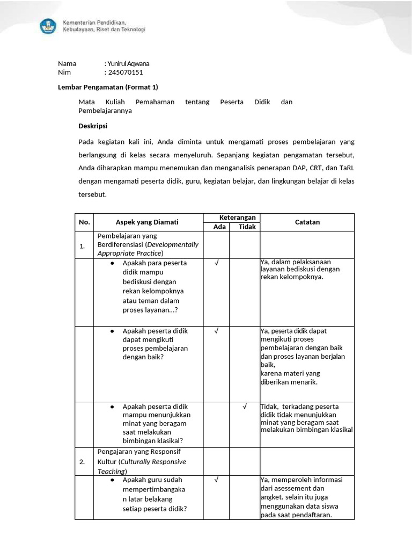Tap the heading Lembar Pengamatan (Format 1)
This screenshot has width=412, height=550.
tap(108, 87)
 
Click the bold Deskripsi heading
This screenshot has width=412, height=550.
tap(93, 126)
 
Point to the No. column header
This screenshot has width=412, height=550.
tap(84, 222)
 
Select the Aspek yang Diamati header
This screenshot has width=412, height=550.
tap(147, 222)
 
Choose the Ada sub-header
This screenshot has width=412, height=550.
tap(216, 227)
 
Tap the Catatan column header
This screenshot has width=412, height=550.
tap(307, 222)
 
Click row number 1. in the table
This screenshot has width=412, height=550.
tap(83, 247)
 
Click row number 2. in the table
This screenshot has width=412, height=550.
tap(83, 461)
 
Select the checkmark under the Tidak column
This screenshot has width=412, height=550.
tap(245, 407)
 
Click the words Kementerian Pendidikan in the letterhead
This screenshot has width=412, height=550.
tap(94, 23)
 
